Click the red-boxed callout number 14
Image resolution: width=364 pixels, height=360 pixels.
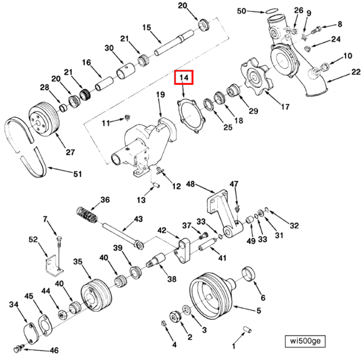[184, 77]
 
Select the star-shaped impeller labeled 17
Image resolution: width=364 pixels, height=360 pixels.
[253, 75]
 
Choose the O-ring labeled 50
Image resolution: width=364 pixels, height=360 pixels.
[271, 11]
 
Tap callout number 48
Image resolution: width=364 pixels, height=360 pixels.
[191, 184]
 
